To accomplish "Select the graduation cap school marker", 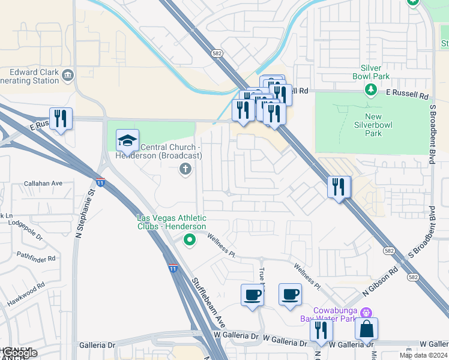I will click(127, 141).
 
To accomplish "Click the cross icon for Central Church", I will click(185, 170).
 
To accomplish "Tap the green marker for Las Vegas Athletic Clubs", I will click(189, 241).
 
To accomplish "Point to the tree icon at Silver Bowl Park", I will click(371, 90).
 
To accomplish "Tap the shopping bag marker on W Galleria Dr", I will click(366, 329).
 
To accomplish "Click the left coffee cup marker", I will click(252, 295).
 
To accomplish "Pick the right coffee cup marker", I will click(291, 295).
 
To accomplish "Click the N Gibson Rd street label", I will click(380, 282).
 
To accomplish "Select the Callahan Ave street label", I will click(43, 184).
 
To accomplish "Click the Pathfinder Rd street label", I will click(35, 259).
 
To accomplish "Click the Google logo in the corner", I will click(19, 353).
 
